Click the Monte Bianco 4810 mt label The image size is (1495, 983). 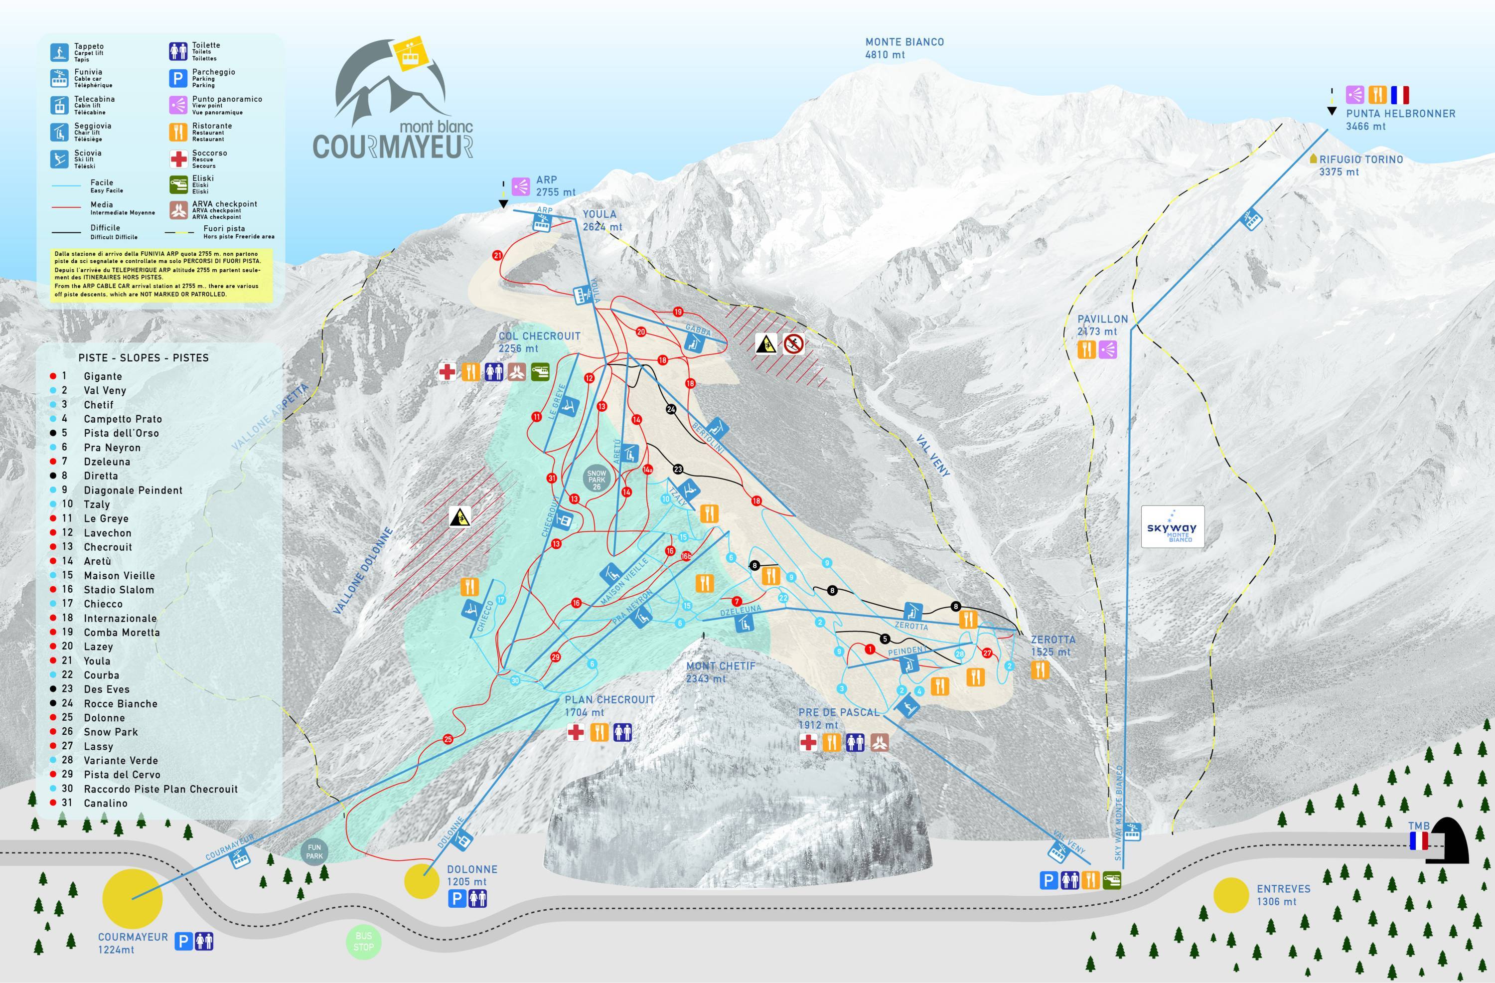pos(904,48)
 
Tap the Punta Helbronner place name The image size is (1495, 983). pos(1400,114)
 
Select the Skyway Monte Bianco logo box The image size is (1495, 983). pos(1172,527)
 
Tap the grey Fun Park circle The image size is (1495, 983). pos(314,851)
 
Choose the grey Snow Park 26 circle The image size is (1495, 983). pos(596,480)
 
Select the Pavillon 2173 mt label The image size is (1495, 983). pos(1102,325)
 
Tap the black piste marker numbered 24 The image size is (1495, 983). pos(671,409)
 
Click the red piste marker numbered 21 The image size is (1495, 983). pos(497,255)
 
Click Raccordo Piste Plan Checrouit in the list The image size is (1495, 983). pos(160,789)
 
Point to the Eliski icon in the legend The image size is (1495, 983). pos(179,184)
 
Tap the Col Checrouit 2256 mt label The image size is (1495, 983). pos(539,342)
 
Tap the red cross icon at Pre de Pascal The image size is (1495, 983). pos(808,743)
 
